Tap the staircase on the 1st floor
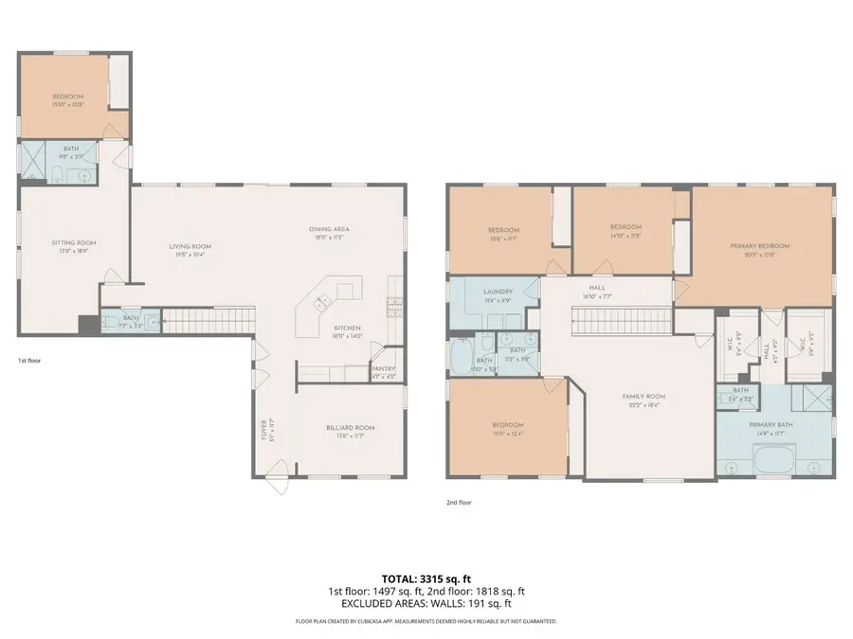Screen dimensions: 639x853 coord(209,322)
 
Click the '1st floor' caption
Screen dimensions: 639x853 coord(28,361)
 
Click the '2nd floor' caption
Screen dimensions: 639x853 coord(458,503)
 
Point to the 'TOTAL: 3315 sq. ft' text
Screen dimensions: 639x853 coord(426,577)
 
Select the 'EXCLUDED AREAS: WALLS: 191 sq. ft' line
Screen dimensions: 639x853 coord(426,603)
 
